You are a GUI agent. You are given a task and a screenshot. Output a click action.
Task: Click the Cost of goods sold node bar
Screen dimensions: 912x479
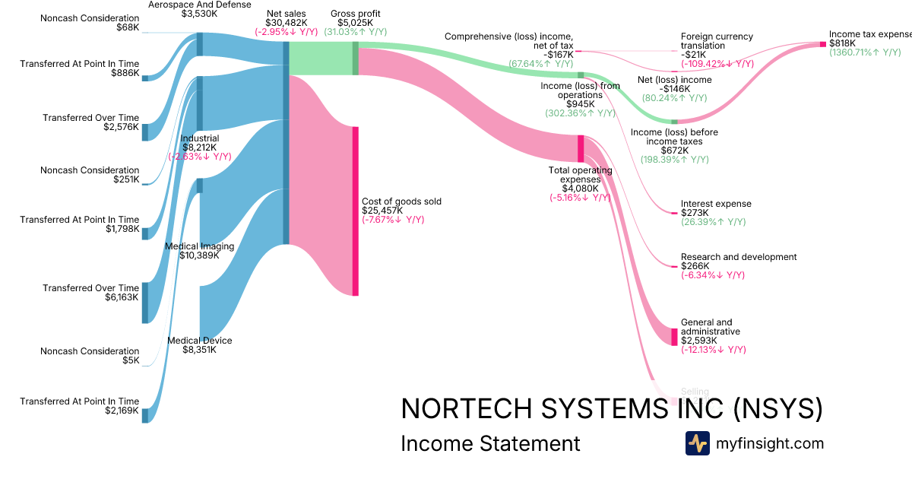[355, 211]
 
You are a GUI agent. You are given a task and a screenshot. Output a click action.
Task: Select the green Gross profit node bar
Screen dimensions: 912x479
[355, 59]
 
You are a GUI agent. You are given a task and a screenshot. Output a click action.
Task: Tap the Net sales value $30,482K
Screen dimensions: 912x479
[287, 23]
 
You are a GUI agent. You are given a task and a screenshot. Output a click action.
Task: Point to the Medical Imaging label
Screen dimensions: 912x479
[199, 246]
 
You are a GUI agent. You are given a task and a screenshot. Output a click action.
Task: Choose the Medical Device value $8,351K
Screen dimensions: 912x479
[199, 350]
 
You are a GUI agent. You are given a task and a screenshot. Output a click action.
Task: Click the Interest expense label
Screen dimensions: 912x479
[716, 204]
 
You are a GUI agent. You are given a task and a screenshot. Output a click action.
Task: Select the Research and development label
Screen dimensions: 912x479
[739, 257]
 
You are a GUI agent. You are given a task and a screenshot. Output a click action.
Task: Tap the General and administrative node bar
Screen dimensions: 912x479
[674, 336]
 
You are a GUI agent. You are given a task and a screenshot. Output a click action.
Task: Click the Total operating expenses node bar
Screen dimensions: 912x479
[581, 148]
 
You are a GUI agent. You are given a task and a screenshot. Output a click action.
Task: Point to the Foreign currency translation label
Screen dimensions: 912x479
[717, 41]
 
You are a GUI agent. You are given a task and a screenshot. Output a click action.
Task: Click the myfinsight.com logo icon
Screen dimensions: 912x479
[697, 443]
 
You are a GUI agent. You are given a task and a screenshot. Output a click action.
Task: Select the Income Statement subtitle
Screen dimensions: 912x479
[490, 443]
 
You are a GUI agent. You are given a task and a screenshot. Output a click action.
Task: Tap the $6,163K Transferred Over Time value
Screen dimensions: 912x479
[122, 297]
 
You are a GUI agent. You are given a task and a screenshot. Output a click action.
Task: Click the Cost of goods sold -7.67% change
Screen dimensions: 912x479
[393, 220]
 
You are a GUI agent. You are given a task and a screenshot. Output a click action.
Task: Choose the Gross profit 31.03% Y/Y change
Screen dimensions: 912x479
[356, 32]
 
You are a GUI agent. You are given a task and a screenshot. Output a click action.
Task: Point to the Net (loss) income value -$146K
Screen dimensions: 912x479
[675, 89]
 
